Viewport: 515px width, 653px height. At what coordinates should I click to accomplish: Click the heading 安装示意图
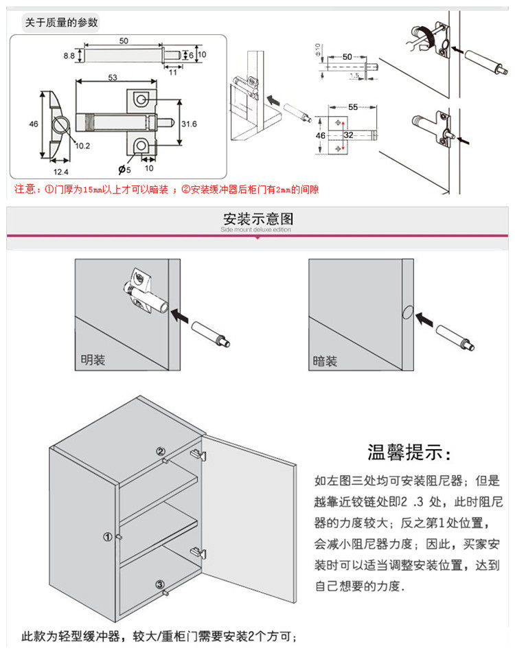[257, 219]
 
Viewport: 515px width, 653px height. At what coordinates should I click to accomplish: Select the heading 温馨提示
[410, 454]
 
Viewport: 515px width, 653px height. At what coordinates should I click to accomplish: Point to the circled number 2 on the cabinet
[160, 452]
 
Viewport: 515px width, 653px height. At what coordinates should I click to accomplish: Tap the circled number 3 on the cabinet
[160, 585]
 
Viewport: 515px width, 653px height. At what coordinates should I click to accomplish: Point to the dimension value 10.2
[83, 146]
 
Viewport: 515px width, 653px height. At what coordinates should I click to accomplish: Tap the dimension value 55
[354, 108]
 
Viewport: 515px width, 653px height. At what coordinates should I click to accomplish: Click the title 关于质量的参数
[61, 23]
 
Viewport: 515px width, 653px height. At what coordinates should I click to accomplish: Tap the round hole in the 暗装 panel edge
[406, 312]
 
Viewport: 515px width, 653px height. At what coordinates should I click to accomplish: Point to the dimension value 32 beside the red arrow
[348, 135]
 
